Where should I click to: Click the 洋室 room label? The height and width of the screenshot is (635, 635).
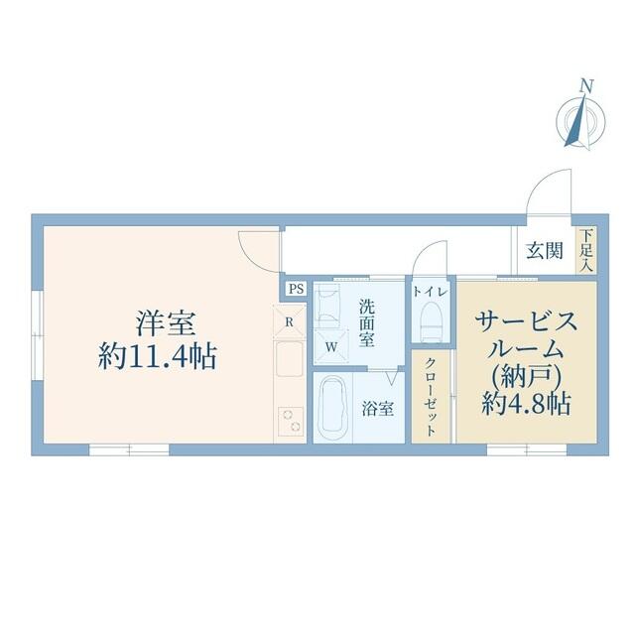coord(166,323)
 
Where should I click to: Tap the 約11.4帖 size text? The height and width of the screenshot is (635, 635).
coord(158,356)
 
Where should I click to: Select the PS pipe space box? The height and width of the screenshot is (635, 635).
coord(296,289)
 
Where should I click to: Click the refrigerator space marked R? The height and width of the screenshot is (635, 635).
coord(289,322)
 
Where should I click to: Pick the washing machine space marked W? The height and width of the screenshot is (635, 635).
coord(331,347)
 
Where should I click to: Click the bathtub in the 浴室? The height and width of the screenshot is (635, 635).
coord(333,408)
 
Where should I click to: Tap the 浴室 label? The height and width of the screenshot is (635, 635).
coord(378,409)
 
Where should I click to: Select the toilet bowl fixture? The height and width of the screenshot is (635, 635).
coord(431,321)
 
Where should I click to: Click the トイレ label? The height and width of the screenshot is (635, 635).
coord(430,292)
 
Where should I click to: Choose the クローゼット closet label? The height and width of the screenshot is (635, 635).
coord(431,397)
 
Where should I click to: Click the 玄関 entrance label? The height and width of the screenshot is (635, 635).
coord(545,251)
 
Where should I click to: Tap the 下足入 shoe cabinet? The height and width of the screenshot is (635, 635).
coord(586,250)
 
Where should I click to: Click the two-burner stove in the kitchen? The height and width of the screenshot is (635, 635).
coord(291,421)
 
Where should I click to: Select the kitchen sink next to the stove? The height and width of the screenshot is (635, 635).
coord(289,359)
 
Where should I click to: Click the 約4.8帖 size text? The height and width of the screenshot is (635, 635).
coord(526,403)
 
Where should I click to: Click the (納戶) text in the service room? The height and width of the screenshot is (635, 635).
coord(526,376)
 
